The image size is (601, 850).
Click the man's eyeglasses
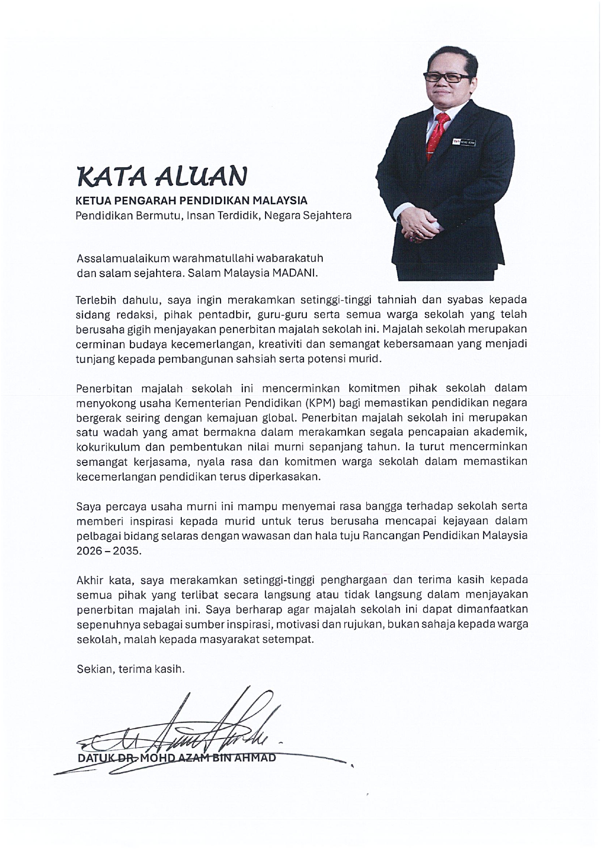446,77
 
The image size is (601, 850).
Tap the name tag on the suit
464,142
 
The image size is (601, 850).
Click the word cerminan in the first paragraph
97,344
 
